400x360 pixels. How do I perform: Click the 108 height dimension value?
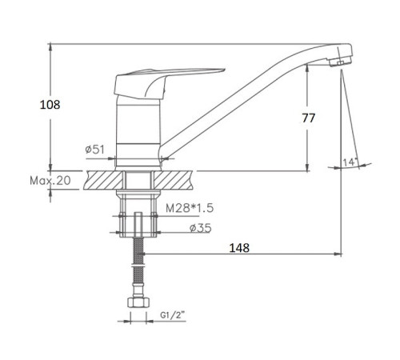[x=50, y=105]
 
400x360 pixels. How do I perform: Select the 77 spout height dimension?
[x=308, y=118]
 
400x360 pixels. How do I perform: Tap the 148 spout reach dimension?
[x=239, y=248]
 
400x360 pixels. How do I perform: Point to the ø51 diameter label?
[x=95, y=150]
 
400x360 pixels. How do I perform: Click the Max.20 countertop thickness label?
[x=50, y=181]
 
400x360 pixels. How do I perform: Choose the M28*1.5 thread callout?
[x=190, y=208]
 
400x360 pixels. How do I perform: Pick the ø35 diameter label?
[x=201, y=228]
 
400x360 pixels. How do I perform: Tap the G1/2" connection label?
[x=173, y=315]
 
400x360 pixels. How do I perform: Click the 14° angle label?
[x=350, y=162]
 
